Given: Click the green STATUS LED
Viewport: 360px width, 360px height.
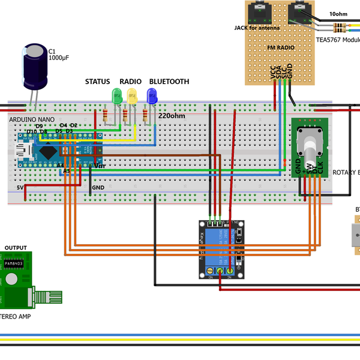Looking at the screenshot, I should pyautogui.click(x=117, y=95).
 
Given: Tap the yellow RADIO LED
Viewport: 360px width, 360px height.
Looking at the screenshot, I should pyautogui.click(x=132, y=95).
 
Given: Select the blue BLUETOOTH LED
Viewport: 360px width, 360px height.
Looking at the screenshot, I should pyautogui.click(x=152, y=95).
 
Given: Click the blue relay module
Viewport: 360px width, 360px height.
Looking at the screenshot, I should pyautogui.click(x=221, y=250).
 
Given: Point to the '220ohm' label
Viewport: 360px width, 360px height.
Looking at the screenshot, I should pyautogui.click(x=170, y=116).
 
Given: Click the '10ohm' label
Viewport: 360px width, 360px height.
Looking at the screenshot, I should pyautogui.click(x=338, y=14).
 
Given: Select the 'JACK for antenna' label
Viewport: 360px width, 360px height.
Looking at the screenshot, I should pyautogui.click(x=257, y=28).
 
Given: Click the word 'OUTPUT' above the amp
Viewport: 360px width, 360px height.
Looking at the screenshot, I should pyautogui.click(x=15, y=247).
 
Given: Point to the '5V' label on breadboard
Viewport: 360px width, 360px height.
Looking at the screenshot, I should pyautogui.click(x=20, y=187).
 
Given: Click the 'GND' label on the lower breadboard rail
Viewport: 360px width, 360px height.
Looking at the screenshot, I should pyautogui.click(x=98, y=187).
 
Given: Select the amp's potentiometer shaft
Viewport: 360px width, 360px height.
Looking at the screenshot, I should pyautogui.click(x=50, y=298).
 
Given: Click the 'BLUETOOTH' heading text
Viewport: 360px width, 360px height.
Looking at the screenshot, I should pyautogui.click(x=169, y=82).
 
